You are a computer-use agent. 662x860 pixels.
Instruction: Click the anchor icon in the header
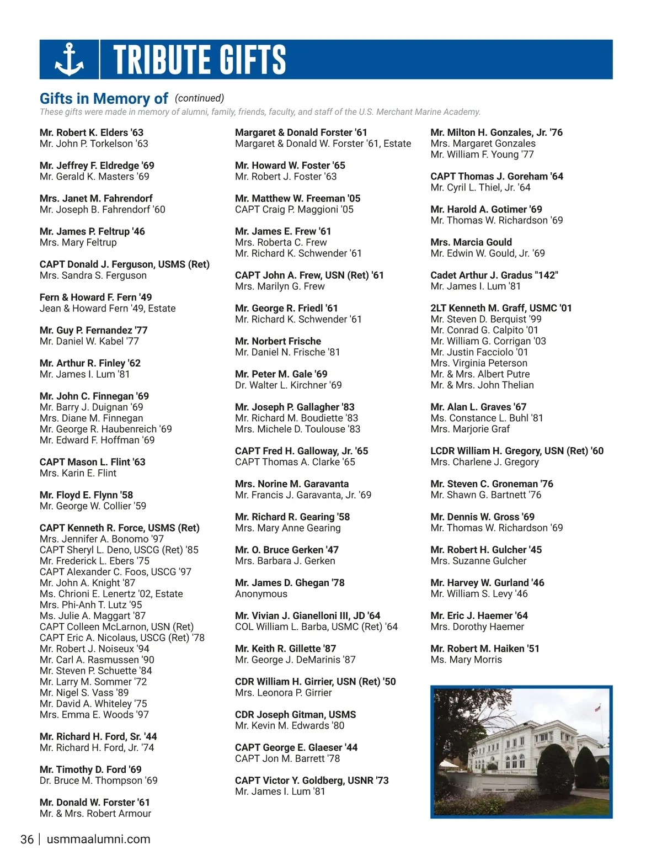(70, 60)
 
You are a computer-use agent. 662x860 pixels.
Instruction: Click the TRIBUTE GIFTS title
(199, 60)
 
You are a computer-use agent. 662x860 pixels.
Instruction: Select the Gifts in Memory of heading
(104, 99)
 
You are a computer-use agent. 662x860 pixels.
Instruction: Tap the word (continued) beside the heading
(199, 98)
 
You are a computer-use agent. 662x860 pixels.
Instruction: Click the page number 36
(27, 840)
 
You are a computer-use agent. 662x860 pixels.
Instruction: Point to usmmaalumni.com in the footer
(99, 840)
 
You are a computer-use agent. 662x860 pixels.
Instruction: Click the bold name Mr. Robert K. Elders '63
(92, 132)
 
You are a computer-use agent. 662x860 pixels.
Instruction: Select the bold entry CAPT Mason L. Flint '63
(93, 462)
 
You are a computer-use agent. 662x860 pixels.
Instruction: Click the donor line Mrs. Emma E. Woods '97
(94, 715)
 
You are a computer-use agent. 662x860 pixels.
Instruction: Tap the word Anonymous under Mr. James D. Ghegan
(261, 594)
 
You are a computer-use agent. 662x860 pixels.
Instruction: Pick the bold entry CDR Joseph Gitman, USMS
(296, 715)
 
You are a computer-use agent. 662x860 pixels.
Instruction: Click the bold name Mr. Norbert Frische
(278, 341)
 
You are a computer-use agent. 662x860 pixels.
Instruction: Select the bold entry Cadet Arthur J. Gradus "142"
(494, 275)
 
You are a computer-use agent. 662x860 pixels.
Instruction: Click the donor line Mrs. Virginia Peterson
(479, 363)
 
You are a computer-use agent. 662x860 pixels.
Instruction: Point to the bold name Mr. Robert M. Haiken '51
(485, 649)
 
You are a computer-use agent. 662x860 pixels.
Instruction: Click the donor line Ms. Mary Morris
(466, 660)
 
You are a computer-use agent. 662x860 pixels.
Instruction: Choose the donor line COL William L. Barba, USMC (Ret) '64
(316, 627)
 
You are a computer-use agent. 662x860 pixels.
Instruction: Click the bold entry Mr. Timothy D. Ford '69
(90, 769)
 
